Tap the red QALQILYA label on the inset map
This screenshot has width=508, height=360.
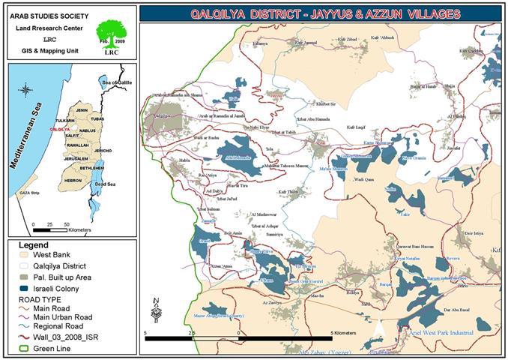[60, 129]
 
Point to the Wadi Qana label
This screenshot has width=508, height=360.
[364, 180]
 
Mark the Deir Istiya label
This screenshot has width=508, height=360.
[474, 233]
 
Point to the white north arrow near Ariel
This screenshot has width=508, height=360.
[381, 328]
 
